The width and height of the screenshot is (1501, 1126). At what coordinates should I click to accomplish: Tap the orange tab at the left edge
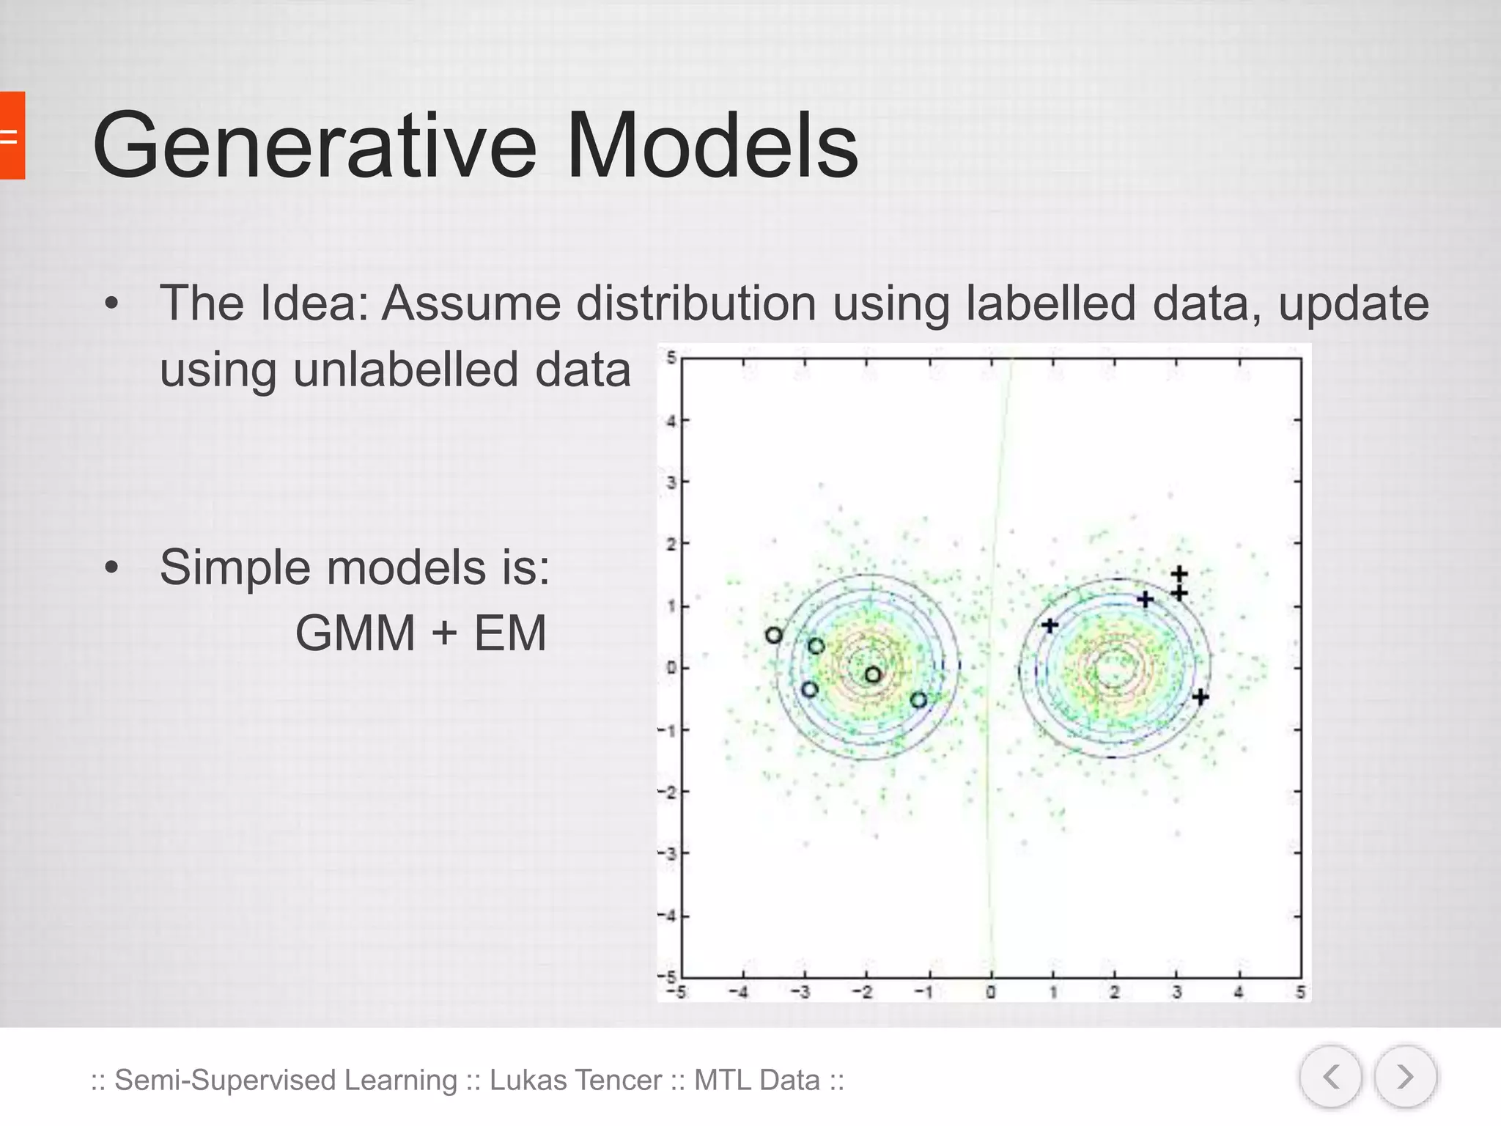pyautogui.click(x=12, y=136)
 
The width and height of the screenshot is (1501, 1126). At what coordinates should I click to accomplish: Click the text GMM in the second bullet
pyautogui.click(x=355, y=633)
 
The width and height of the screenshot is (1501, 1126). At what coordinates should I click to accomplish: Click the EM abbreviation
pyautogui.click(x=510, y=633)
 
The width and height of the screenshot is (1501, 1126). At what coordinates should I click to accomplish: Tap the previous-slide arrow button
pyautogui.click(x=1330, y=1077)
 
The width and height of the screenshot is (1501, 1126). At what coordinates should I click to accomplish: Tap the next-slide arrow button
pyautogui.click(x=1404, y=1077)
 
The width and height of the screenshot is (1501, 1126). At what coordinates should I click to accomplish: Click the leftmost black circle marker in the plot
pyautogui.click(x=773, y=636)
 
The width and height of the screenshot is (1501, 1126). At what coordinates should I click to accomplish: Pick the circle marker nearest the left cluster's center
pyautogui.click(x=872, y=674)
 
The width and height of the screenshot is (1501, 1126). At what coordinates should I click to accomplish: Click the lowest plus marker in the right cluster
pyautogui.click(x=1200, y=697)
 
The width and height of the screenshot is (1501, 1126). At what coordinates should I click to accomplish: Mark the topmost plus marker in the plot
pyautogui.click(x=1179, y=573)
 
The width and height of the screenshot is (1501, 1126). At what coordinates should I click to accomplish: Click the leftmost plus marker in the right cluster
pyautogui.click(x=1050, y=625)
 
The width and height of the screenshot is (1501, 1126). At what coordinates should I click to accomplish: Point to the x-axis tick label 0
pyautogui.click(x=990, y=993)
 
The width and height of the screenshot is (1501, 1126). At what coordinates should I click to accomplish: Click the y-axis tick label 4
pyautogui.click(x=670, y=422)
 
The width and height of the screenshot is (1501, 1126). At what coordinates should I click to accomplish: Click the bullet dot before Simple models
pyautogui.click(x=111, y=567)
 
